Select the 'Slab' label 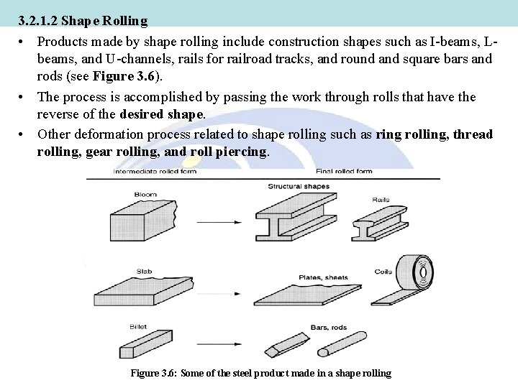pos(143,271)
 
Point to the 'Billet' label pos(138,326)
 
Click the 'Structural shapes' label pos(299,187)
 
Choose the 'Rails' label pos(381,199)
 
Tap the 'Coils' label pos(383,272)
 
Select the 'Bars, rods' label pos(329,328)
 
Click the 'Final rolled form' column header pos(344,172)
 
